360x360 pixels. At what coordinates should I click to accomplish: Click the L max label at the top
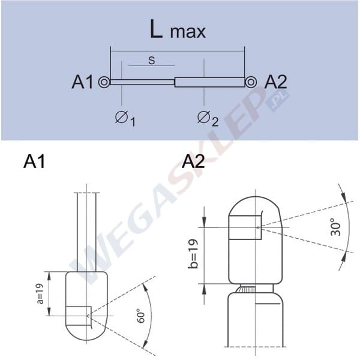tap(178, 30)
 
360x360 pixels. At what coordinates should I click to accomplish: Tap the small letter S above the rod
tap(151, 61)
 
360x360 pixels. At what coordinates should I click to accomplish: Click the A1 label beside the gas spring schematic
tap(83, 82)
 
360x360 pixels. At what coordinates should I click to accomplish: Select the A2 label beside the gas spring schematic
tap(277, 82)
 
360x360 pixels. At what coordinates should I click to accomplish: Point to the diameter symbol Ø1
tap(125, 118)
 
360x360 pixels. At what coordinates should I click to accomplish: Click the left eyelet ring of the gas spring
tap(104, 82)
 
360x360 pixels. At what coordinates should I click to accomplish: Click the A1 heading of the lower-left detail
tap(34, 161)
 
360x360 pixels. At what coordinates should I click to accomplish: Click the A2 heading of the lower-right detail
tap(193, 161)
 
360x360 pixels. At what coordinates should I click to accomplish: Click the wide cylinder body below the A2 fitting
tap(255, 324)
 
